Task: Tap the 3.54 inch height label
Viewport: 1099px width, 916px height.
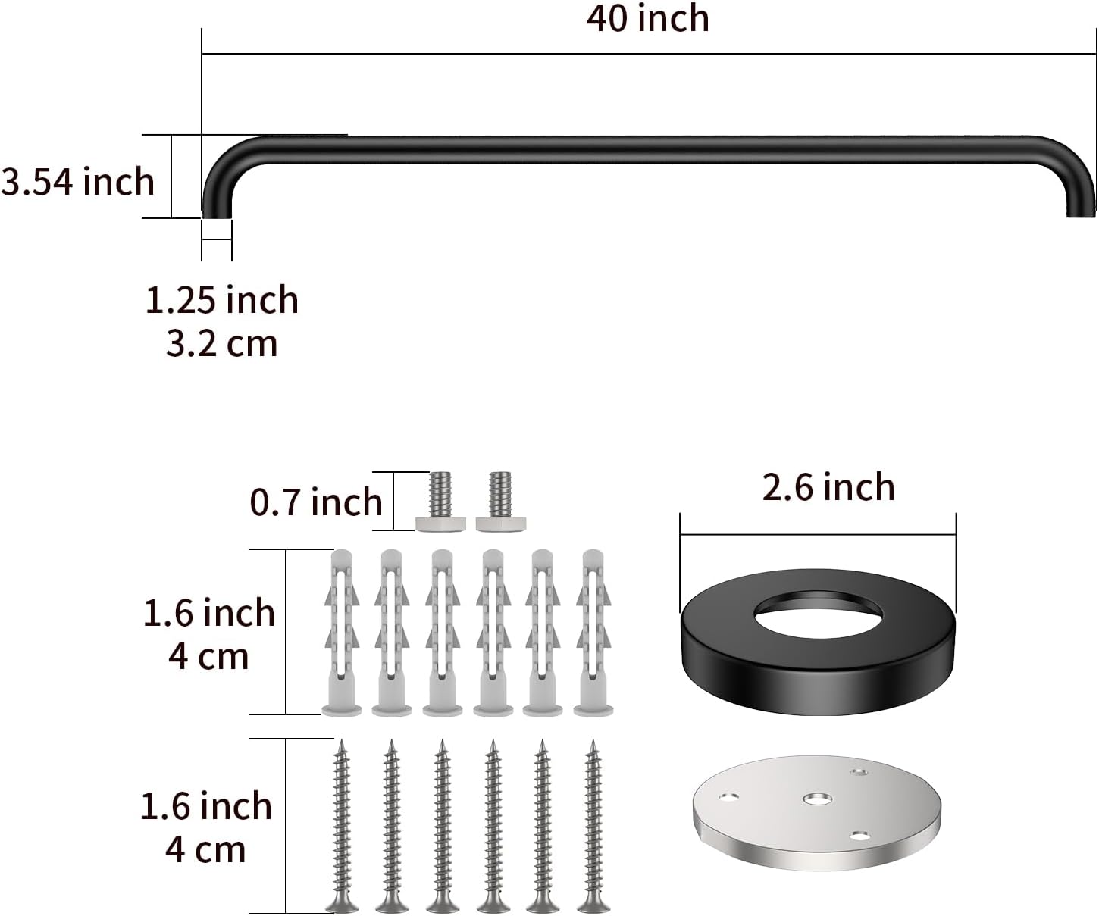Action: pyautogui.click(x=77, y=183)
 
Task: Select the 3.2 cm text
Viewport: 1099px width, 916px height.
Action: pyautogui.click(x=222, y=344)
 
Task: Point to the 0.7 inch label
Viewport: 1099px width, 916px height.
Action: pyautogui.click(x=316, y=502)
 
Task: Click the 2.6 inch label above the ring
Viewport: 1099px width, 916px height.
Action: pyautogui.click(x=828, y=487)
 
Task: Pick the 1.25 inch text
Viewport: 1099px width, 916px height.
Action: pyautogui.click(x=222, y=301)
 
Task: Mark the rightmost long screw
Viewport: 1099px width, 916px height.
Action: pyautogui.click(x=593, y=826)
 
